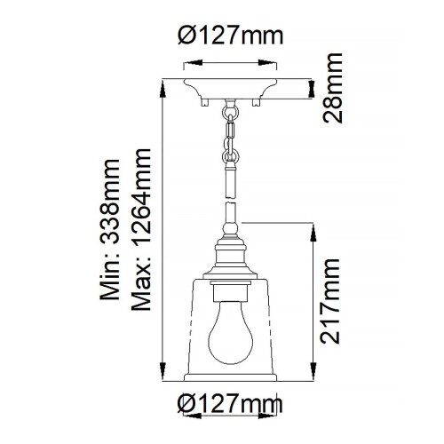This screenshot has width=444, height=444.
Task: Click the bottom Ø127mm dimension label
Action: coord(229,403)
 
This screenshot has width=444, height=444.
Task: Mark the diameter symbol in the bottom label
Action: coord(187,403)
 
